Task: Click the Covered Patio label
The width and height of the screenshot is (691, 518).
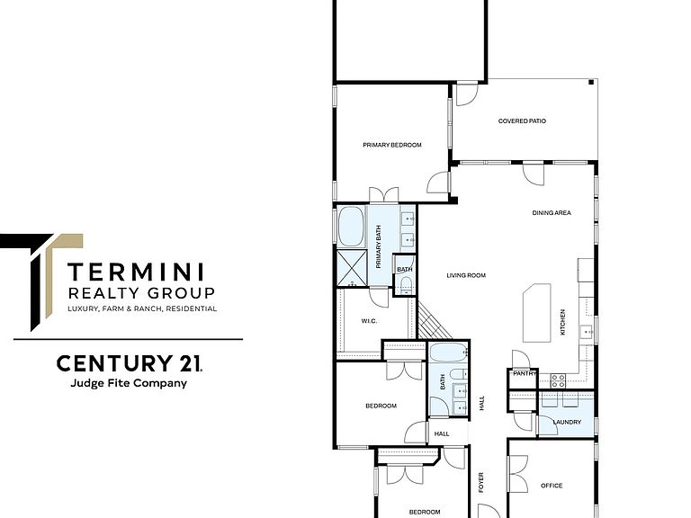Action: click(x=522, y=121)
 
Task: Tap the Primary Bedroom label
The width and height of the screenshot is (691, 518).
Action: click(x=391, y=145)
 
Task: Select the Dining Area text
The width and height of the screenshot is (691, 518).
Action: click(x=552, y=213)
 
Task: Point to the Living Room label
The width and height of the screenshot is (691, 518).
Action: click(x=466, y=275)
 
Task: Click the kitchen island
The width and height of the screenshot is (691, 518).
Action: click(x=537, y=313)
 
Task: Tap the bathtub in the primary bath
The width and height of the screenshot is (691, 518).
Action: click(x=351, y=227)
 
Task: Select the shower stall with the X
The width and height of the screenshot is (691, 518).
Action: click(x=352, y=268)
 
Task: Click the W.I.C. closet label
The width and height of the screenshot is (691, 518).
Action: click(x=369, y=321)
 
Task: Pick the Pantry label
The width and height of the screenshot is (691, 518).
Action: click(x=525, y=373)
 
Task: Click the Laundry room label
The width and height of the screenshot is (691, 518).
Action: click(x=567, y=422)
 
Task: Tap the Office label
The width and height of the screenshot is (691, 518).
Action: click(x=552, y=486)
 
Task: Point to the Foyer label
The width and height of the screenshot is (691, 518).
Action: click(x=480, y=482)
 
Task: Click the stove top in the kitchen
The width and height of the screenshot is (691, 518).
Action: click(x=559, y=380)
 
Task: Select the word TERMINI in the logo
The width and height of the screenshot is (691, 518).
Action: click(x=136, y=272)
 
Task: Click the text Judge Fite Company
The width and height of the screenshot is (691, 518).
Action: click(x=129, y=383)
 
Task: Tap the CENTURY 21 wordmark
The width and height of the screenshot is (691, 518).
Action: click(x=130, y=363)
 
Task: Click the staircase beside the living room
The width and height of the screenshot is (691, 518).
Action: click(x=434, y=321)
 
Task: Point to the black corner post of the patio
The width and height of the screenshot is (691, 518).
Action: click(x=591, y=82)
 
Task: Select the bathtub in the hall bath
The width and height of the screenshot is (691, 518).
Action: click(x=448, y=353)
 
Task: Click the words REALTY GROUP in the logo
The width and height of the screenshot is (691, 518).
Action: click(x=141, y=293)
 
